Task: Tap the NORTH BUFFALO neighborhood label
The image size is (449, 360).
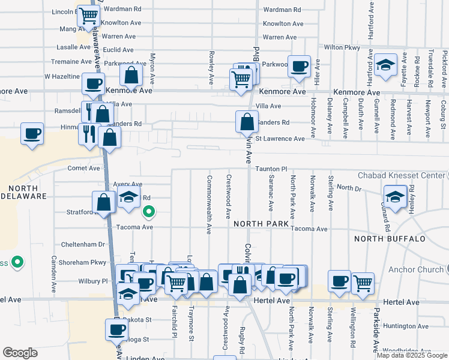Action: (390, 239)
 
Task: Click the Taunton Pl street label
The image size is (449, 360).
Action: (271, 170)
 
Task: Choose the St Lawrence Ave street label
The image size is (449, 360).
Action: (280, 139)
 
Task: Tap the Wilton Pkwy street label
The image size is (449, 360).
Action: (342, 47)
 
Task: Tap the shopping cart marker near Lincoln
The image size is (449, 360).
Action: (88, 16)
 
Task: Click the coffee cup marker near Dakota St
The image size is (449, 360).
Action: (116, 329)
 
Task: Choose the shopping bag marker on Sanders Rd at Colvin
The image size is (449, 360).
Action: (247, 122)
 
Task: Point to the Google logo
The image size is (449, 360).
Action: (20, 353)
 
